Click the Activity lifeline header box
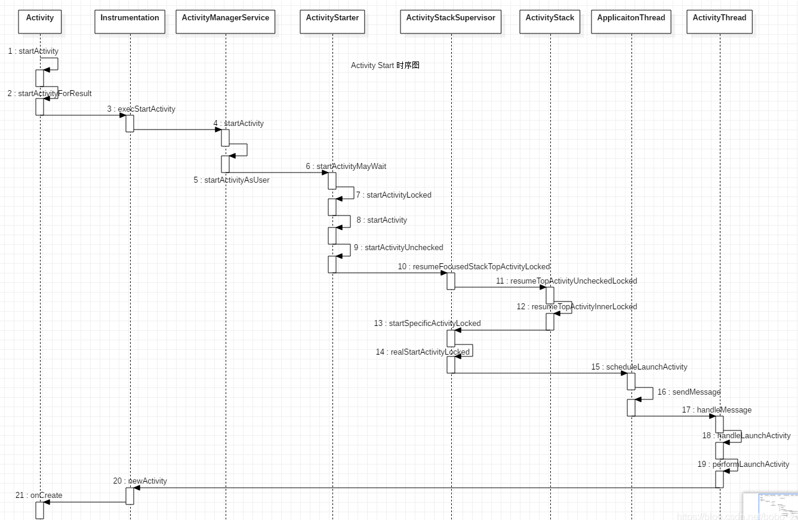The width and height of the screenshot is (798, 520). coord(40,21)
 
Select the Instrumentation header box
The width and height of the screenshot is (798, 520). coord(130,21)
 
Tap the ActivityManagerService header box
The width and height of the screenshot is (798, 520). coord(225,21)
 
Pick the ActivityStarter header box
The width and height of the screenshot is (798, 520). coord(332,21)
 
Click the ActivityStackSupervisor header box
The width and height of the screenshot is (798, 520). coord(451,21)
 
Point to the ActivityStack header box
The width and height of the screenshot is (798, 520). coord(550,21)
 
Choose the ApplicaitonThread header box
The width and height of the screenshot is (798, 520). coord(631,21)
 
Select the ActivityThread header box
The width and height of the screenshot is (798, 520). coord(719,21)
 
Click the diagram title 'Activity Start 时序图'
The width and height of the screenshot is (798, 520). coord(385,66)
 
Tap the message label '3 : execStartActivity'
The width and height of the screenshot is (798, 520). coord(141,109)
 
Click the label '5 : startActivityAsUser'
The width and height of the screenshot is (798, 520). coord(232,180)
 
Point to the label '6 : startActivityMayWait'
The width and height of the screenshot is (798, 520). coord(346,167)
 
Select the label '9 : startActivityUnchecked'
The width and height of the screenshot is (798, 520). coord(398,248)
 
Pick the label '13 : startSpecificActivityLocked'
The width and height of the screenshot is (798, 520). coord(427,324)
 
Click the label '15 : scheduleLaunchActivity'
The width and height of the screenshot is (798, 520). coord(639,367)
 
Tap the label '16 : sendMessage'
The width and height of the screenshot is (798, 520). coord(689,392)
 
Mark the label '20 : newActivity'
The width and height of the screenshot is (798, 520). coord(140,481)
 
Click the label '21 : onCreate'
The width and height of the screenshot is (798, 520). coord(39,496)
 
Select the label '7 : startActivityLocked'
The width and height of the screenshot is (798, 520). coord(393,195)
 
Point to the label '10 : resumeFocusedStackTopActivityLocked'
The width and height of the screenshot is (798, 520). coord(474,267)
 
